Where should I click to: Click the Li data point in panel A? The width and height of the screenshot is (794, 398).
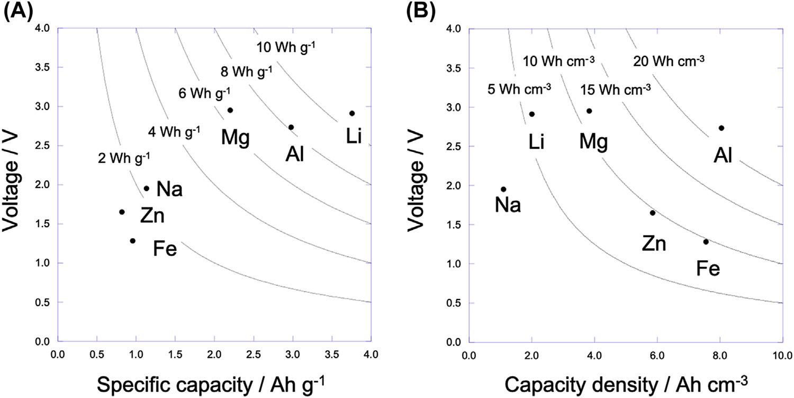coord(352,113)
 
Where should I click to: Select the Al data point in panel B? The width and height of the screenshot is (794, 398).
coord(721,128)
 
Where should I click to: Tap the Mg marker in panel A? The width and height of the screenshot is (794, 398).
coord(230,110)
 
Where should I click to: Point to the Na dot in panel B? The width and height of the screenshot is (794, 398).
coord(503,189)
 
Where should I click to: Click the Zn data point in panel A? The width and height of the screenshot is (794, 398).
coord(122,212)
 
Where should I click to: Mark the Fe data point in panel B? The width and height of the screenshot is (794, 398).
coord(706,242)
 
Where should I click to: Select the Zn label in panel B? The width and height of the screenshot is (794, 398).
coord(654,244)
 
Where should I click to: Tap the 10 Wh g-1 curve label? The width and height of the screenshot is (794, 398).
coord(286,48)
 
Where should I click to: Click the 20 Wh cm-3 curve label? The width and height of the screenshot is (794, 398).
coord(669,61)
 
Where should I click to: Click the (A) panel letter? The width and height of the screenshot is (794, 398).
coord(16,11)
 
